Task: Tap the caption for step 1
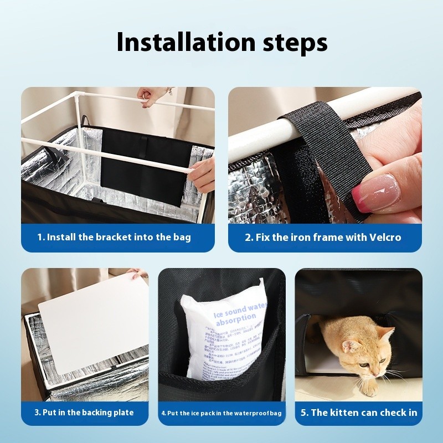[x=114, y=237]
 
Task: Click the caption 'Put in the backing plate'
[x=84, y=413]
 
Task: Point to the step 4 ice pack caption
[x=221, y=413]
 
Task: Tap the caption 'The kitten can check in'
[x=358, y=413]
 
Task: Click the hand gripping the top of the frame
[x=151, y=95]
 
